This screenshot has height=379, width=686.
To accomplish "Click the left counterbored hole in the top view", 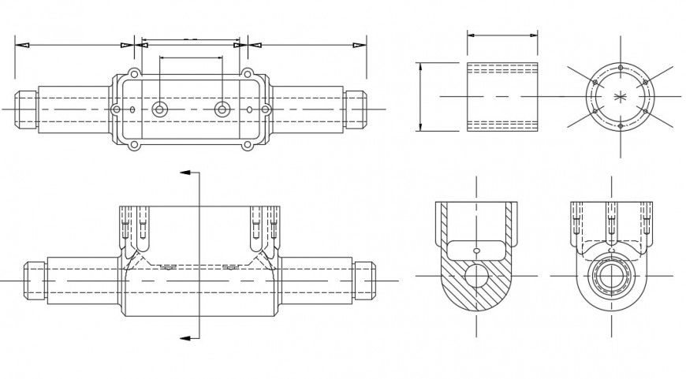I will (160, 109).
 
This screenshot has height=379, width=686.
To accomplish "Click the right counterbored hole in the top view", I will (223, 109).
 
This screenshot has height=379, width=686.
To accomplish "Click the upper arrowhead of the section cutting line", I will (186, 171).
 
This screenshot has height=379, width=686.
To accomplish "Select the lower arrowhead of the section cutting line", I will (186, 338).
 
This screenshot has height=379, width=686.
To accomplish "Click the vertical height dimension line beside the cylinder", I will (420, 96).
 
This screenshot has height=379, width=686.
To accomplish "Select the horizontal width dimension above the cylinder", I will (502, 35).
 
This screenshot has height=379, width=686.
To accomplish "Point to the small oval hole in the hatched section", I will (476, 251).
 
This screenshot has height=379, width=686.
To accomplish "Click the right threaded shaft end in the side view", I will (364, 280).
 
